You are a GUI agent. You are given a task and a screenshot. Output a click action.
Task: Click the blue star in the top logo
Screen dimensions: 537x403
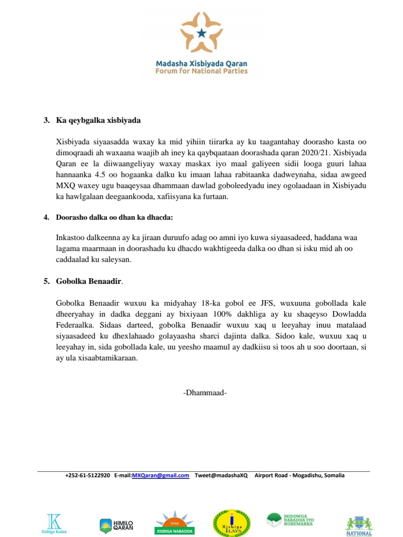click(x=202, y=33)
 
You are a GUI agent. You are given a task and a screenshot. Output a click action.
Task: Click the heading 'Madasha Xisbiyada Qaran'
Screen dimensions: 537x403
click(x=201, y=63)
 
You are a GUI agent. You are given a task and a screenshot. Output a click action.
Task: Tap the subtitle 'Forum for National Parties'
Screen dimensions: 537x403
click(x=201, y=71)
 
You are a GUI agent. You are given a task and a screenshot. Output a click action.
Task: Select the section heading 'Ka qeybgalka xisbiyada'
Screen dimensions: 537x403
click(x=98, y=120)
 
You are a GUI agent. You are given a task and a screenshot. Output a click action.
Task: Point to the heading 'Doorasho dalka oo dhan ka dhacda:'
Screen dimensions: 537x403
click(x=114, y=217)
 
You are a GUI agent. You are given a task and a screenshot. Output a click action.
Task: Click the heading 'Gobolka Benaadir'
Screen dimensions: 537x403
click(x=88, y=281)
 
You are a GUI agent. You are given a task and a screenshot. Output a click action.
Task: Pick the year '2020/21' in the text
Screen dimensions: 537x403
click(x=315, y=153)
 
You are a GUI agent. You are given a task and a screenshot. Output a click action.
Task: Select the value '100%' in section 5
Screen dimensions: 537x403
click(x=222, y=314)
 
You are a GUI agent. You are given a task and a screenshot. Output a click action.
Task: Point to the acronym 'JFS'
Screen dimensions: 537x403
click(x=267, y=303)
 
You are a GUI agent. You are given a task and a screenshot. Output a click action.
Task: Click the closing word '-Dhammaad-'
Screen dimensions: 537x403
click(x=205, y=393)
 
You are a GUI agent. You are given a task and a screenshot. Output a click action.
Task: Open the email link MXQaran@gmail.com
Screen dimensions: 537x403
click(x=160, y=476)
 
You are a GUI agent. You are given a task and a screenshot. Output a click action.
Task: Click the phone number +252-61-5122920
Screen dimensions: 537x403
click(x=88, y=476)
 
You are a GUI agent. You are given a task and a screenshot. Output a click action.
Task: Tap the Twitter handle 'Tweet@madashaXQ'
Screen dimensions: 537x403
click(x=221, y=476)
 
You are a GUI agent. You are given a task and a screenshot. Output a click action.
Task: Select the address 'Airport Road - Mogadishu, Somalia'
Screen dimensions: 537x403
click(x=299, y=476)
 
